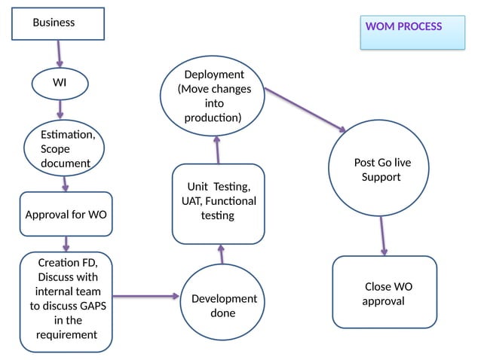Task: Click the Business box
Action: (x=57, y=23)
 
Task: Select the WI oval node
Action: (x=60, y=83)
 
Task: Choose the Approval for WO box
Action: (x=66, y=215)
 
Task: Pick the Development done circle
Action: (x=222, y=305)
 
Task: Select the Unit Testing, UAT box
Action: (x=219, y=203)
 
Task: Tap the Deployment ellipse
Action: (x=213, y=96)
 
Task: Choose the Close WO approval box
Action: (x=384, y=292)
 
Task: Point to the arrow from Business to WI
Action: (x=59, y=53)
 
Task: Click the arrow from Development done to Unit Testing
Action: (x=222, y=254)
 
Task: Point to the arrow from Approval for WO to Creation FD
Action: (x=66, y=243)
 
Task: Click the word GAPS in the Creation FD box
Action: (x=108, y=306)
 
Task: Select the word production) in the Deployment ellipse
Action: (x=213, y=118)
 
